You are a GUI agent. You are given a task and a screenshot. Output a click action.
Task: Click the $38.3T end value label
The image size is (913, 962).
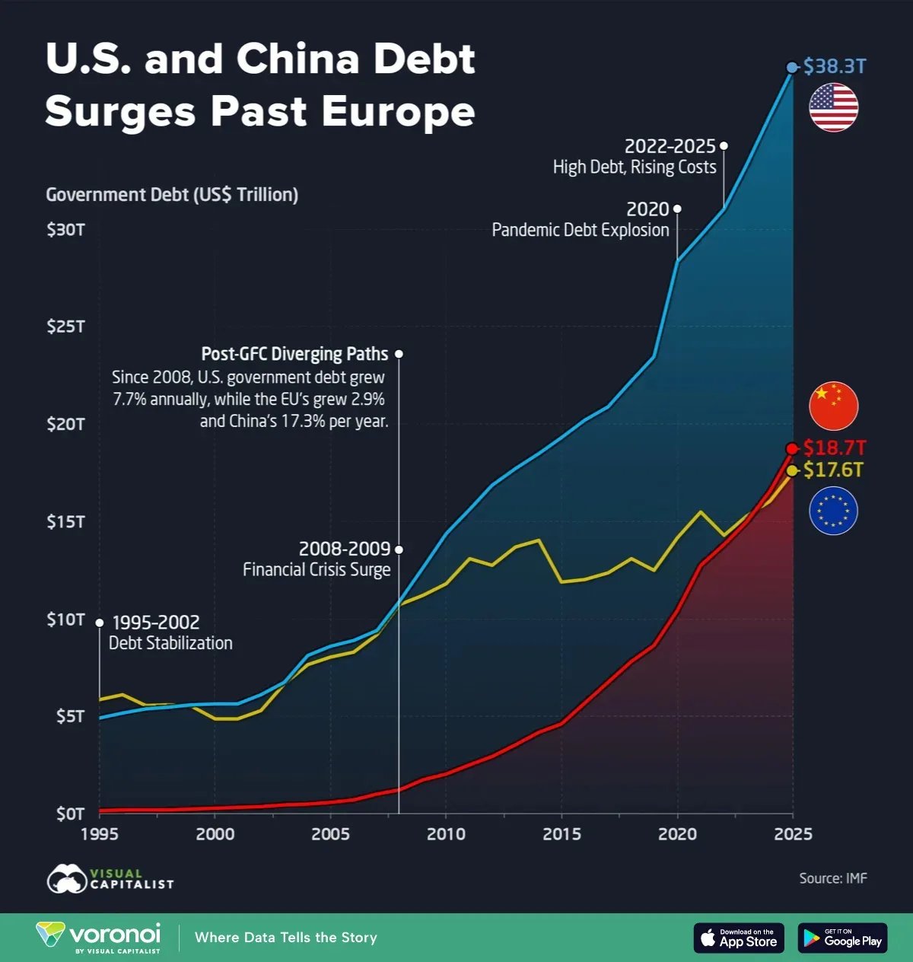pyautogui.click(x=835, y=66)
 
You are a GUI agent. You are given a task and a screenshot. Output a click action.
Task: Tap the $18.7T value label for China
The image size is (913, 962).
pyautogui.click(x=835, y=448)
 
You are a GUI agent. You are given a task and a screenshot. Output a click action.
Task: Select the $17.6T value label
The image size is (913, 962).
pyautogui.click(x=833, y=470)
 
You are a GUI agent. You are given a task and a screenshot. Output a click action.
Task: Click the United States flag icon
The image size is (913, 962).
pyautogui.click(x=833, y=107)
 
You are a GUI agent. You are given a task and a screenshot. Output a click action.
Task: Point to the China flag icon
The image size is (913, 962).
pyautogui.click(x=833, y=406)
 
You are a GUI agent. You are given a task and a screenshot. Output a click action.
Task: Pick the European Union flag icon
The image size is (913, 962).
pyautogui.click(x=833, y=511)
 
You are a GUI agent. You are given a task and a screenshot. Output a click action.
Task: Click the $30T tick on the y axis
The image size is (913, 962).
pyautogui.click(x=65, y=229)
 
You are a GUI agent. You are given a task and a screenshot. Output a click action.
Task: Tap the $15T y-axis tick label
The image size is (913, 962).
pyautogui.click(x=65, y=521)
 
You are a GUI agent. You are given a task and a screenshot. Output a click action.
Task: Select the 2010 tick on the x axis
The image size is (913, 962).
pyautogui.click(x=446, y=834)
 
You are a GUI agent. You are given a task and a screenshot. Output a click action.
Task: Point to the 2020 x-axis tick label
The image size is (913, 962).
pyautogui.click(x=677, y=834)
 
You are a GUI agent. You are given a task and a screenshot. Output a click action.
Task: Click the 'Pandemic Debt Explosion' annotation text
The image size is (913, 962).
pyautogui.click(x=581, y=230)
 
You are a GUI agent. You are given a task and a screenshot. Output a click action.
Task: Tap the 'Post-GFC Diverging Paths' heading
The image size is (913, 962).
pyautogui.click(x=294, y=354)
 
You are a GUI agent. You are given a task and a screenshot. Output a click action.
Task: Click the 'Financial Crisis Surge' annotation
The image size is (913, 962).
pyautogui.click(x=317, y=569)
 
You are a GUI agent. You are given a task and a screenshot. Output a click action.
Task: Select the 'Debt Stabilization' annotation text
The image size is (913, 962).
pyautogui.click(x=170, y=643)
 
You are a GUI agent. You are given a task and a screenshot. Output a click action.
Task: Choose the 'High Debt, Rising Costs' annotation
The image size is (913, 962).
pyautogui.click(x=635, y=167)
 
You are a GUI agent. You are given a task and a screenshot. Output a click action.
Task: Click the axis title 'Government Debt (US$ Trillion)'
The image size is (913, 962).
pyautogui.click(x=172, y=195)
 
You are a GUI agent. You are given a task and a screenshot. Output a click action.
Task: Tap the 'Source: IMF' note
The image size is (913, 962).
pyautogui.click(x=832, y=878)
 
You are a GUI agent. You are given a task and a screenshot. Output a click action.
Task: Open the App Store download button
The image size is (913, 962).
pyautogui.click(x=738, y=938)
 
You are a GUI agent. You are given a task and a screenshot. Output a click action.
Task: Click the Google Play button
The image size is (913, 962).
pyautogui.click(x=842, y=938)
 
